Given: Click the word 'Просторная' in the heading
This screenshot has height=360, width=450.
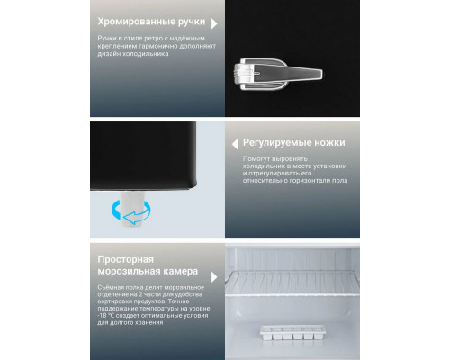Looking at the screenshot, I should tap(129, 258).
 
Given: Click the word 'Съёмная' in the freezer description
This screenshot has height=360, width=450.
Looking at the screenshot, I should tap(112, 287).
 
